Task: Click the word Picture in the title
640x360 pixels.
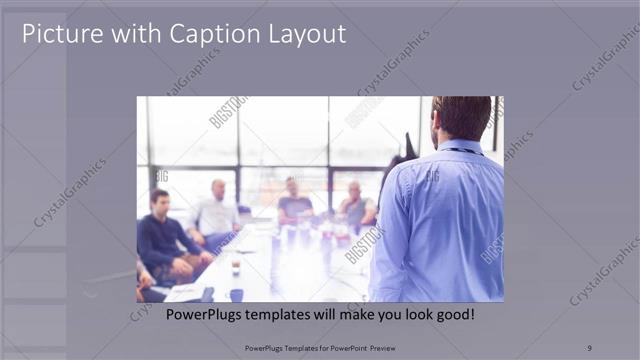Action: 60,34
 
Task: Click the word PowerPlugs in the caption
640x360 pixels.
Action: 175,315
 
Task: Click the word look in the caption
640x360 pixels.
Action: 404,315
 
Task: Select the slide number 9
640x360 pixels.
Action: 589,347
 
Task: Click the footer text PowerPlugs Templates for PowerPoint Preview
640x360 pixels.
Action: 319,347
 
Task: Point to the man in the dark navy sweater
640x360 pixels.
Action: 165,240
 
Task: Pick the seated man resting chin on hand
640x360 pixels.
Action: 355,205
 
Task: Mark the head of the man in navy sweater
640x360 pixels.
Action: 159,200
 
